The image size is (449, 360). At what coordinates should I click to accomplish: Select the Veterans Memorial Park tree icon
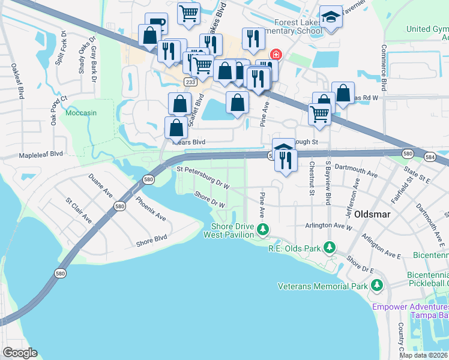(x=376, y=285)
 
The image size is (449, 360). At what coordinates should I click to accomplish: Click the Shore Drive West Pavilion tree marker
(x=262, y=229)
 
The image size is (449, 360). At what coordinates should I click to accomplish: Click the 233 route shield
(x=190, y=82)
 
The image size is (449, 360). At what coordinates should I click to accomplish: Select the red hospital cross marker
(x=276, y=55)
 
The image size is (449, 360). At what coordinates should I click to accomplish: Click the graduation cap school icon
(x=330, y=17)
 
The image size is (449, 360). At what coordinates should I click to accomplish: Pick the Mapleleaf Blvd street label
(x=41, y=154)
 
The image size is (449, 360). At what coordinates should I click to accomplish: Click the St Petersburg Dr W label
(x=203, y=178)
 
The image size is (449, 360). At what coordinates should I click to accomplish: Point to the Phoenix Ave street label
(x=150, y=209)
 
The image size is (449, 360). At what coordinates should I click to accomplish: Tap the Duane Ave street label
(x=100, y=186)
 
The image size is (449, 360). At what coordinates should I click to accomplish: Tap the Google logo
(x=20, y=352)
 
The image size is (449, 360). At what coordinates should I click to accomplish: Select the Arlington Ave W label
(x=328, y=226)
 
